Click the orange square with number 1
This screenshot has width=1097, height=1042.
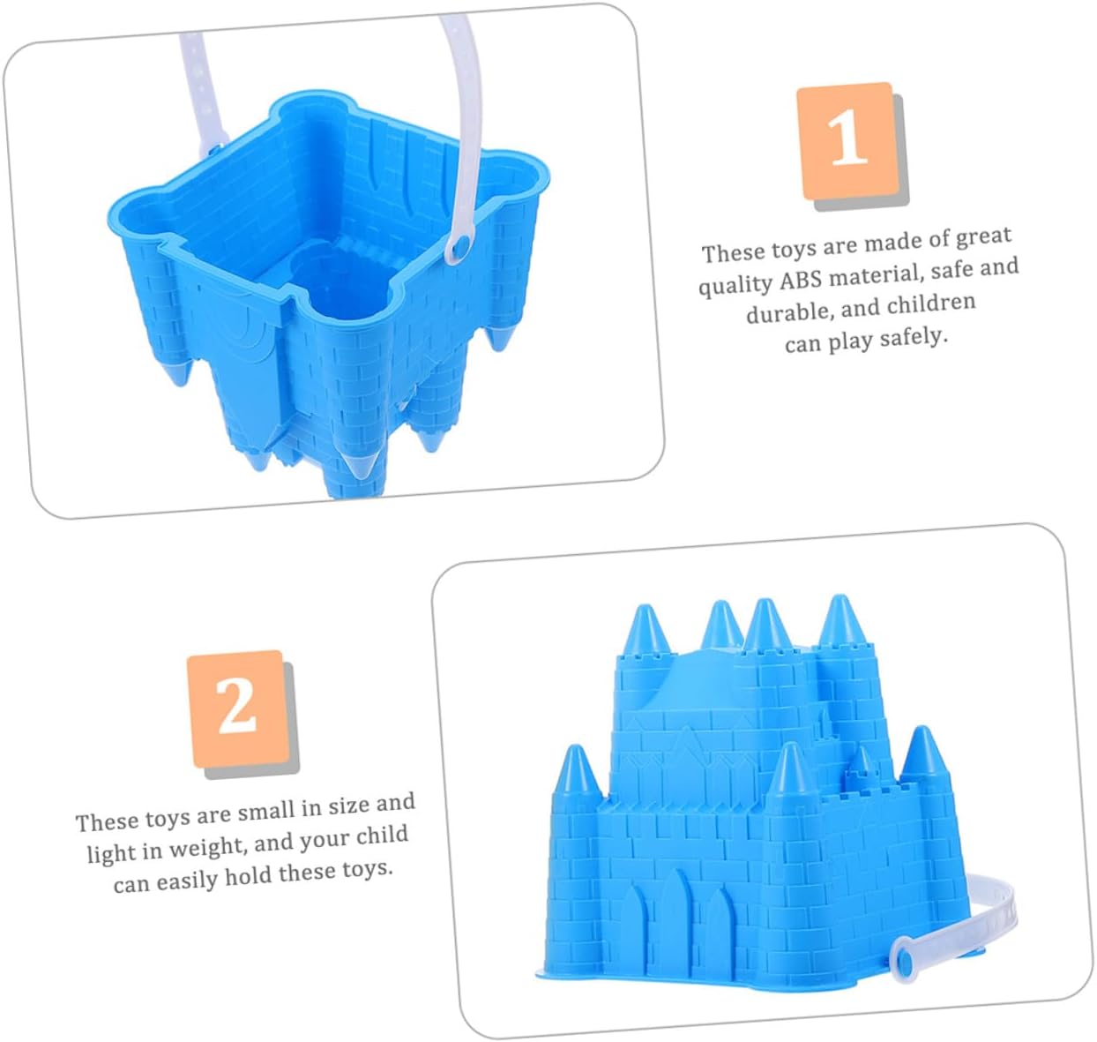coord(847,140)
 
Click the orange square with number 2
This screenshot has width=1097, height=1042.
coord(238,708)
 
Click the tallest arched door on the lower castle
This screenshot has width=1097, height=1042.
coord(677,917)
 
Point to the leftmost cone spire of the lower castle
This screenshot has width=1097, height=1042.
coord(575,769)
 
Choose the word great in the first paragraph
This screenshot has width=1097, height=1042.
coord(983,237)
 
